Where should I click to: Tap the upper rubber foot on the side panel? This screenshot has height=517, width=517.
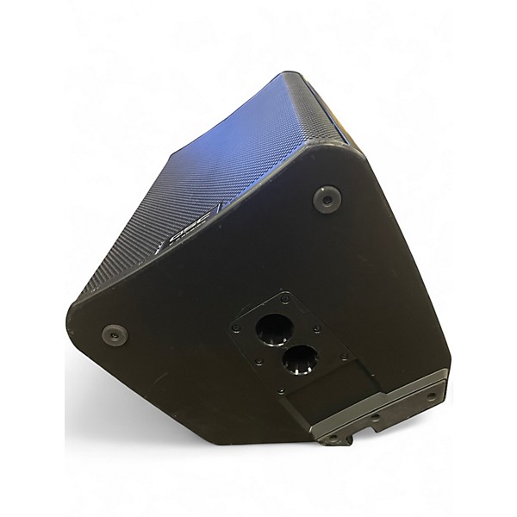tap(326, 199)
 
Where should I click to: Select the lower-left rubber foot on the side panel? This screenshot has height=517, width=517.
tap(112, 334)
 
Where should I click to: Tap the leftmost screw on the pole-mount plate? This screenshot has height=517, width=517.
tap(235, 329)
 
